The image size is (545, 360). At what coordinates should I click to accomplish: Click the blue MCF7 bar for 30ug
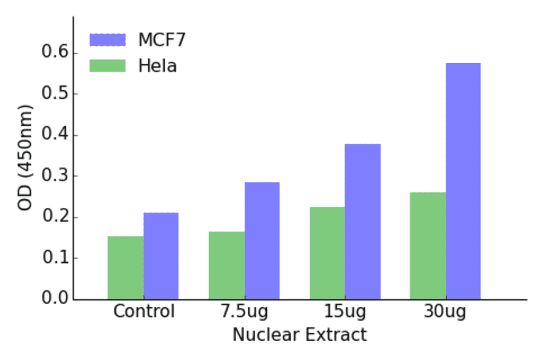coord(463,181)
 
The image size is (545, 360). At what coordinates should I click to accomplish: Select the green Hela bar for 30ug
coord(428,245)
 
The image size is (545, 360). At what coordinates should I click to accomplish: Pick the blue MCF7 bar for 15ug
coord(363,221)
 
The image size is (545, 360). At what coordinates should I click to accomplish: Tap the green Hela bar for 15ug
coord(327,253)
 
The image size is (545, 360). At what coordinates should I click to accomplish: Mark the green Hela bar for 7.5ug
coord(226,265)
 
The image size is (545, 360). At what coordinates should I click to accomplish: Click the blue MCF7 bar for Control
coord(161,256)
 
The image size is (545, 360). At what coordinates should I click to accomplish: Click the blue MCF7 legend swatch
coord(107,40)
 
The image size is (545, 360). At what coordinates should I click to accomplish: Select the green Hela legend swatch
coord(107,65)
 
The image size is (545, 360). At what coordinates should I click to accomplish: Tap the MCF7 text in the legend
coord(162,40)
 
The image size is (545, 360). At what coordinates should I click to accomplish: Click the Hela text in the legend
coord(157,65)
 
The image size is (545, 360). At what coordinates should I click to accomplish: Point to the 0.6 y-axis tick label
coord(53,53)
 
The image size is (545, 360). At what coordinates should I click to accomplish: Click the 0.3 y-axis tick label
coord(53,176)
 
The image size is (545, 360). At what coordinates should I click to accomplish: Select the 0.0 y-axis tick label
coord(53,299)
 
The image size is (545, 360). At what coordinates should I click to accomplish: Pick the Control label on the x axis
coord(144,312)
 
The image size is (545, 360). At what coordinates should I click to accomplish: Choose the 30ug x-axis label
coord(445,313)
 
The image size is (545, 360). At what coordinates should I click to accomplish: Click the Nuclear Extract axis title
coord(300,335)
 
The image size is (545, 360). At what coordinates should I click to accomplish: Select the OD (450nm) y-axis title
coord(25,157)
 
